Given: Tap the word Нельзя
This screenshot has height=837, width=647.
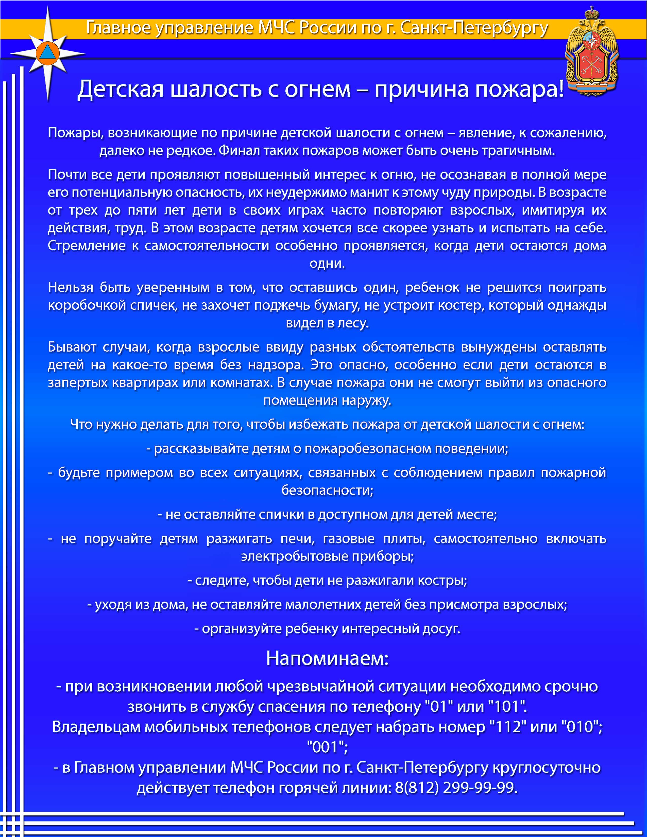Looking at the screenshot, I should point(71,287).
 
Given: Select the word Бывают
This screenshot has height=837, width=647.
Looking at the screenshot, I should point(72,347).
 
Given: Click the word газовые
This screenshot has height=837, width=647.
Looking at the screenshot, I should point(349,538).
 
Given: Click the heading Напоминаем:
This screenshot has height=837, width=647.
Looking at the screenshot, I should point(327,658).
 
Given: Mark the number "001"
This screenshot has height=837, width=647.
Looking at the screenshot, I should point(327,747).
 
